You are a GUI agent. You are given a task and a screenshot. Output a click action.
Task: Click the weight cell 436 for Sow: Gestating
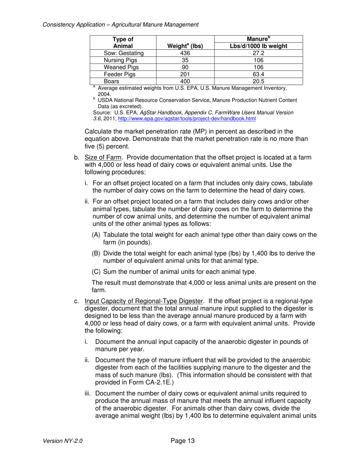pos(185,53)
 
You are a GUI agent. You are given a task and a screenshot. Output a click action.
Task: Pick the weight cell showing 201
pos(185,74)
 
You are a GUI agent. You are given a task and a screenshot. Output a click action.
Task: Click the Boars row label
pos(112,81)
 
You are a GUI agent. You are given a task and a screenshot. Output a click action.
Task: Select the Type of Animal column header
pos(123,42)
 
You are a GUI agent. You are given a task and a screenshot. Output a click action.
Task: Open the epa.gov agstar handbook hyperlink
pos(187,119)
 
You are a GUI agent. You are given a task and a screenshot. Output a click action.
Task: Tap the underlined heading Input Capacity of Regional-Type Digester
pos(144,301)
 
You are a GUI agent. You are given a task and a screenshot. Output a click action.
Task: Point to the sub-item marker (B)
pos(97,253)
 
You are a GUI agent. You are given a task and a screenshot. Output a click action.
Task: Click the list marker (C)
pos(97,272)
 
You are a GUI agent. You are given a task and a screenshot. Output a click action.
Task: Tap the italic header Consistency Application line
pos(121,25)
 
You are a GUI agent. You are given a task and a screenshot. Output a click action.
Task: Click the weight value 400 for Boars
pos(185,81)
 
